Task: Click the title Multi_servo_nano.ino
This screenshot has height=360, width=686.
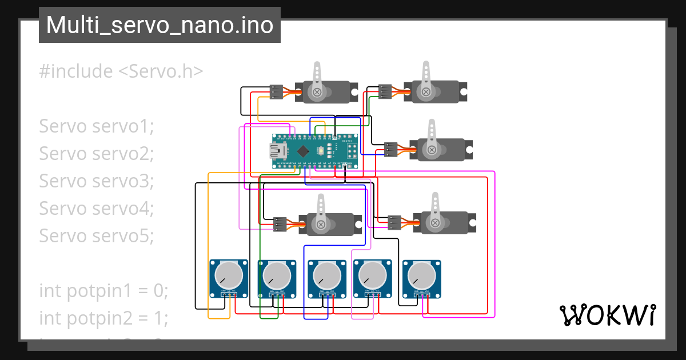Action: tap(159, 25)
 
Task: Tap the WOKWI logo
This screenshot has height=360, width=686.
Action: tap(607, 315)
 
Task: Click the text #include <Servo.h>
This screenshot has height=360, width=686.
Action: tap(121, 71)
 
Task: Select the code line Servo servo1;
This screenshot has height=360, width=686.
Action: tap(97, 126)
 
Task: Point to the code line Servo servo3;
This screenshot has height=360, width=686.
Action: tap(97, 181)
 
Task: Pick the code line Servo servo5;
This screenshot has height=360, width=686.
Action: tap(97, 235)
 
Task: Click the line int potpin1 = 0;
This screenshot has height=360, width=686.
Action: tap(103, 290)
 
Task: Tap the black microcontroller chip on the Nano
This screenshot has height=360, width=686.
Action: tap(304, 151)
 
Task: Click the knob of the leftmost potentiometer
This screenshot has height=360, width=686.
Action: tap(228, 276)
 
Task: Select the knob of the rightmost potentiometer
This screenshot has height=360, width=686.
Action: tap(422, 276)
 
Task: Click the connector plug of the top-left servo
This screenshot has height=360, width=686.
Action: tap(276, 91)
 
